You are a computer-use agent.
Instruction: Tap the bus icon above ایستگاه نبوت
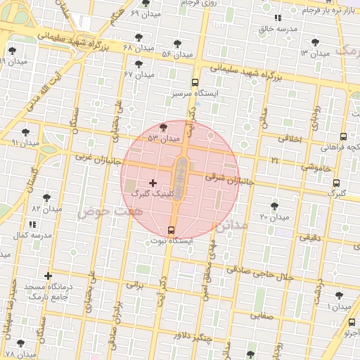pos(172,230)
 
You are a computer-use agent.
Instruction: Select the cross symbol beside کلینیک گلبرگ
pos(153,183)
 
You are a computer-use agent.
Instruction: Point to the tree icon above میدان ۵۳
pos(164,127)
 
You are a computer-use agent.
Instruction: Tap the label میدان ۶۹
pos(145,14)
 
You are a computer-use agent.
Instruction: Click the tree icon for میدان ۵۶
pos(186,43)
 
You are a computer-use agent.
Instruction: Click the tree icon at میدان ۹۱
pos(26,131)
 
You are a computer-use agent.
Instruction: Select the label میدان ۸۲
pos(47,209)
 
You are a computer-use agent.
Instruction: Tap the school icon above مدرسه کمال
pos(32,224)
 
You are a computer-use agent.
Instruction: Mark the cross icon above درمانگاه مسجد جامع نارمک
pos(48,276)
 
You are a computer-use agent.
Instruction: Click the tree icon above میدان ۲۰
pos(274,206)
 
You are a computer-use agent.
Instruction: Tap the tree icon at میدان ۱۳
pos(324,42)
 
